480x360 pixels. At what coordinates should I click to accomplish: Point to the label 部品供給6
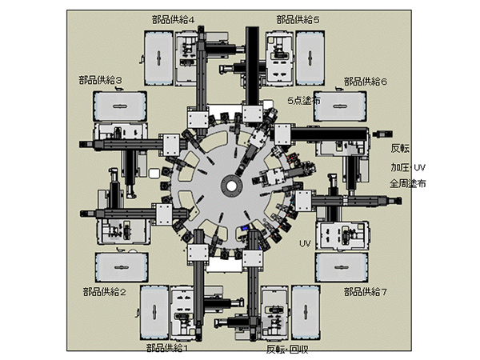tap(366, 81)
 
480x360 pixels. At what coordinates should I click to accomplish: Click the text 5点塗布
tap(303, 102)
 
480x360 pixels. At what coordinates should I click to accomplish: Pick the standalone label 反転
tap(400, 149)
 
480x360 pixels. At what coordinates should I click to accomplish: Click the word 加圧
tap(399, 169)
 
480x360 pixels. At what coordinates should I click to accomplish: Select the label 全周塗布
tap(408, 183)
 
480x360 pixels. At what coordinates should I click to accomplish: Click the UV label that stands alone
tap(305, 242)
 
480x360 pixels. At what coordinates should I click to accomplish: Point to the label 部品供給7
tap(365, 293)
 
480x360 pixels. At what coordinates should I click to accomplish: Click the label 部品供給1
tap(168, 349)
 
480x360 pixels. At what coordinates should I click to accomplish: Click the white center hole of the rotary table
tap(230, 186)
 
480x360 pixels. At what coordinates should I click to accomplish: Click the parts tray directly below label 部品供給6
tap(342, 108)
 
